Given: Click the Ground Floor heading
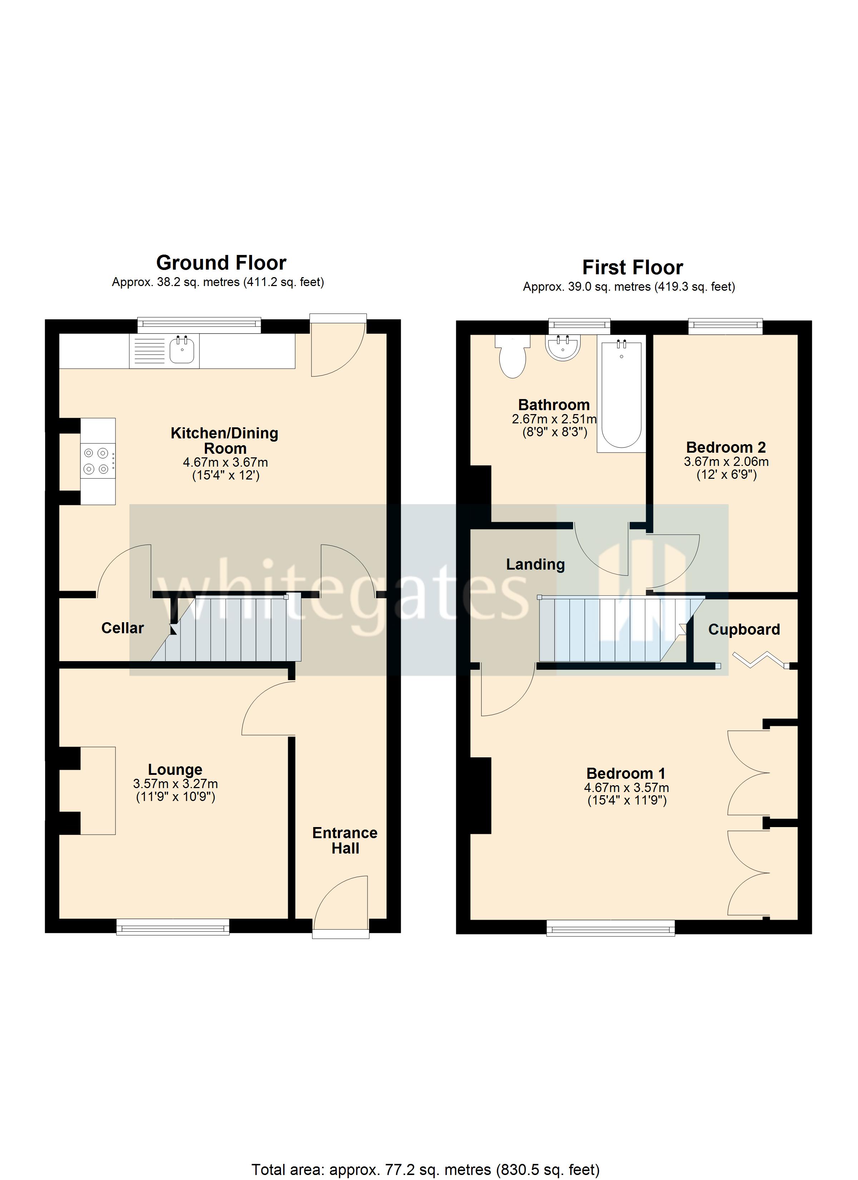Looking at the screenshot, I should (x=221, y=263).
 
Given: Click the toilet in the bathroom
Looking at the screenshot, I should (x=513, y=359).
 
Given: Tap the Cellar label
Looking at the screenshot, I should (x=122, y=629).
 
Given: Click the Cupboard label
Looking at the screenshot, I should (x=744, y=630).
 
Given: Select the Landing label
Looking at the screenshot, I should (x=536, y=565).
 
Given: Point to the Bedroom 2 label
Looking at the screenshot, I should (x=726, y=447).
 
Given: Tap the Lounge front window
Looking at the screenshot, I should (x=173, y=927).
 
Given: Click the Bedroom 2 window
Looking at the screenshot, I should (x=725, y=326).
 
